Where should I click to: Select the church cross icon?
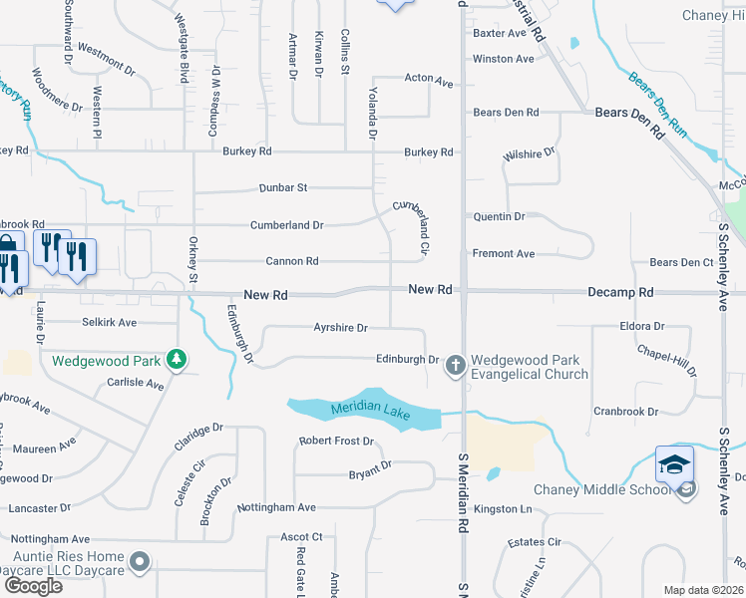pos(455,366)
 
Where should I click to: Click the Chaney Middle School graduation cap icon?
pos(675,464)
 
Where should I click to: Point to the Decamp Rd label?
pos(620,293)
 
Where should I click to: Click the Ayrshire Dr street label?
pos(341,327)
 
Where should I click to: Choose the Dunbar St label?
pos(283,186)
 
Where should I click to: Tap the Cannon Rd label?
pos(291,261)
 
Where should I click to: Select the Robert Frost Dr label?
pos(336,441)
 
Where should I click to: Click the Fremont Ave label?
pos(504,254)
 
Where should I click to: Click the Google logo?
pos(32,585)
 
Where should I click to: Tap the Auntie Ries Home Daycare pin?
pos(140,564)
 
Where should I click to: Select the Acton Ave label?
pos(429,79)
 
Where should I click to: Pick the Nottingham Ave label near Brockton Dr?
pos(276,507)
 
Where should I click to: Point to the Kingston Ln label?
pos(504,509)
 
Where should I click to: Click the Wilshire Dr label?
pos(529,155)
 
